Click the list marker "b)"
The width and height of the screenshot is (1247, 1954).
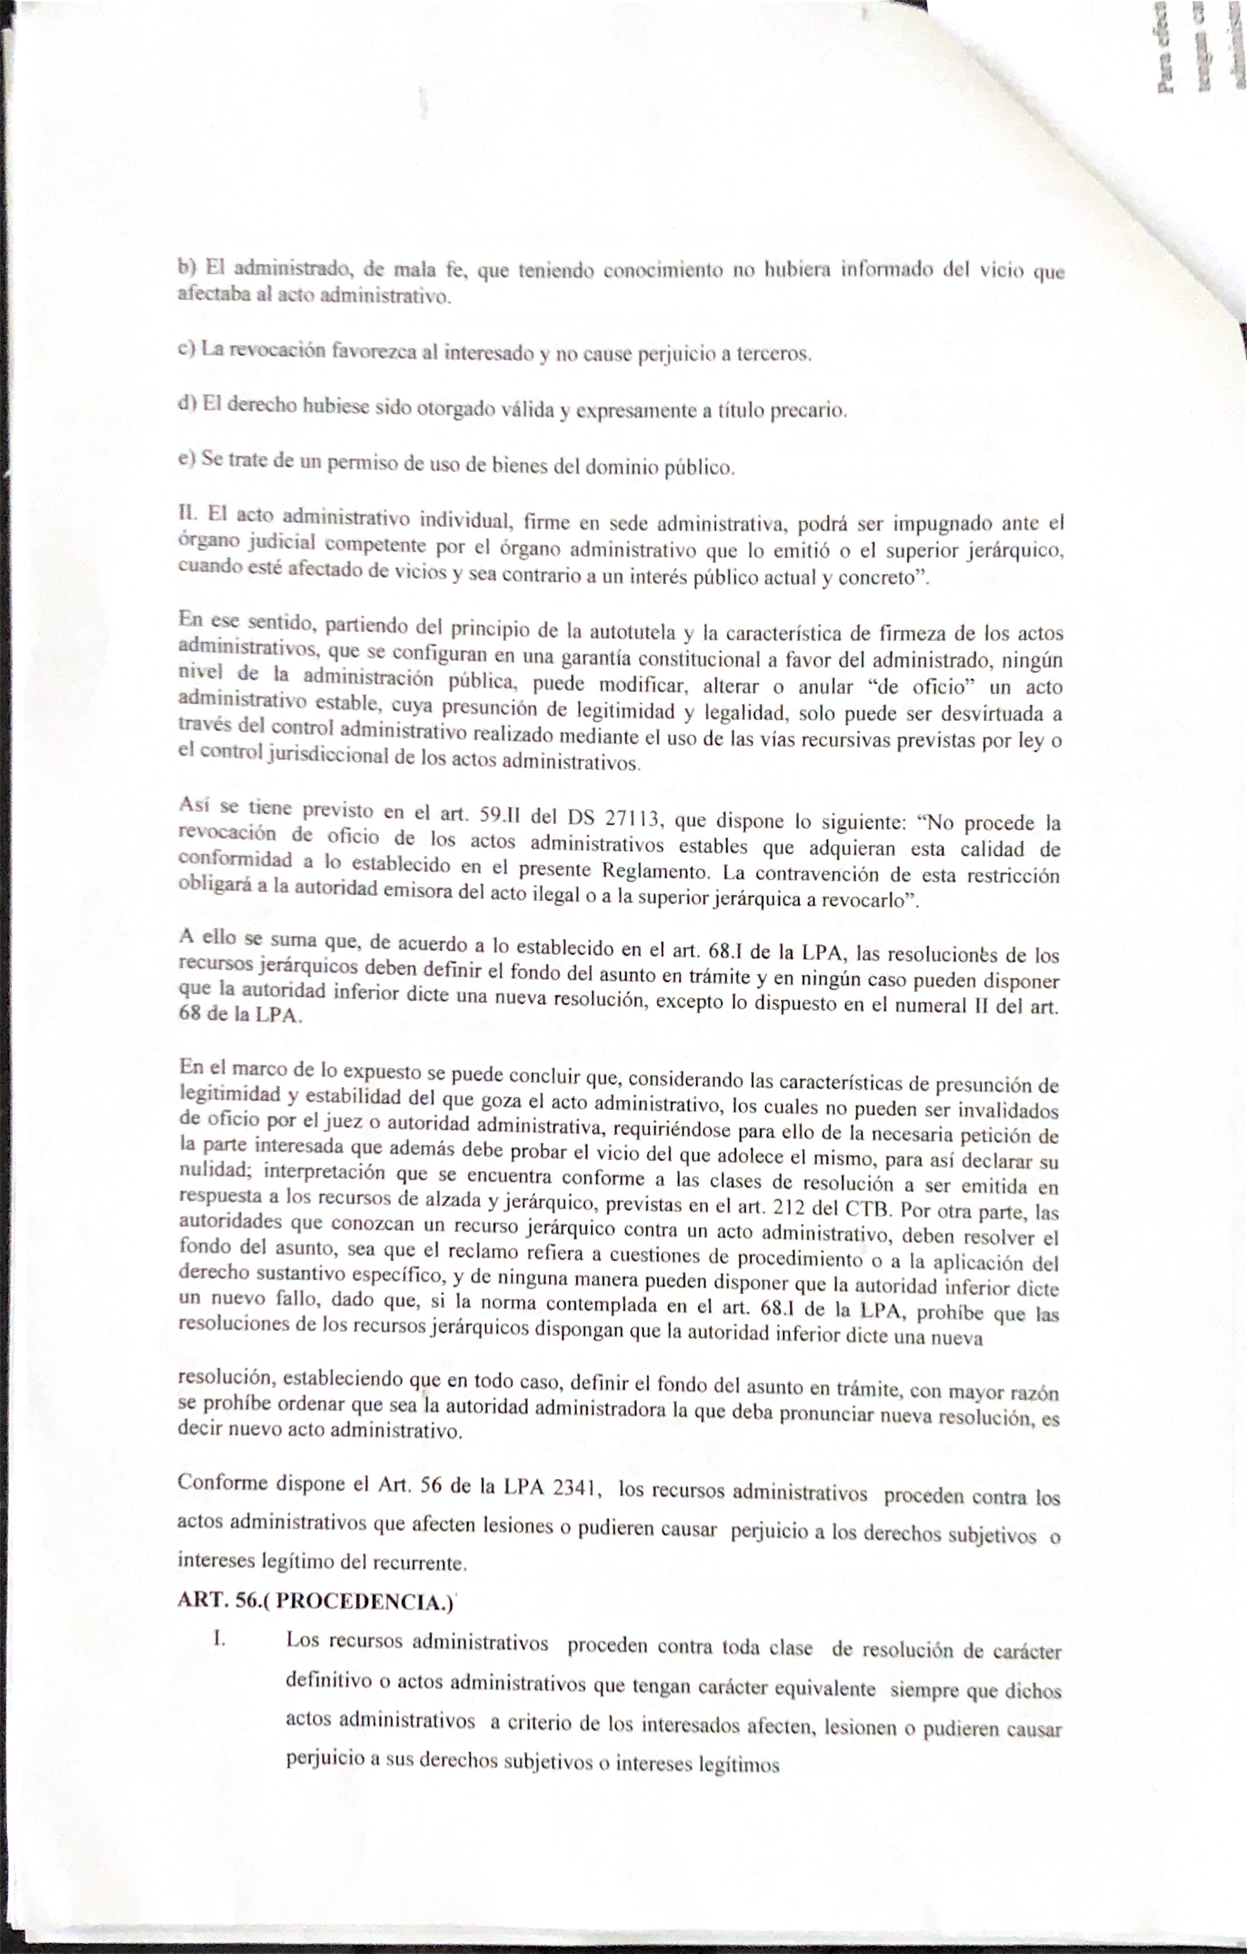[x=187, y=266]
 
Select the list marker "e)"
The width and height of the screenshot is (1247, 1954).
[x=187, y=458]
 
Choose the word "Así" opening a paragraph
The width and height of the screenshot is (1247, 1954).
[x=195, y=805]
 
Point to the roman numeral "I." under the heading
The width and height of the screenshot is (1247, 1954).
[x=218, y=1638]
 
